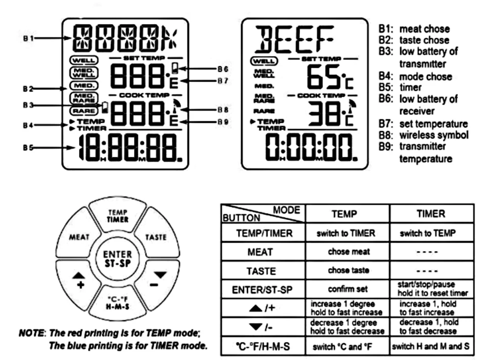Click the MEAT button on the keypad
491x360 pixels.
click(79, 237)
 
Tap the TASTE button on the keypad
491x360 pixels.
click(156, 237)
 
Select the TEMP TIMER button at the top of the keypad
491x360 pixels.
click(117, 217)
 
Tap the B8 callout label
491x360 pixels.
click(223, 109)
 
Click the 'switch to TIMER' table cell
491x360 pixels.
click(347, 233)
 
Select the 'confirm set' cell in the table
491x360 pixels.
click(347, 290)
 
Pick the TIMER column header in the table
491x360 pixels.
click(432, 214)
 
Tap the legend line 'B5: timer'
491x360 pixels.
click(400, 87)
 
